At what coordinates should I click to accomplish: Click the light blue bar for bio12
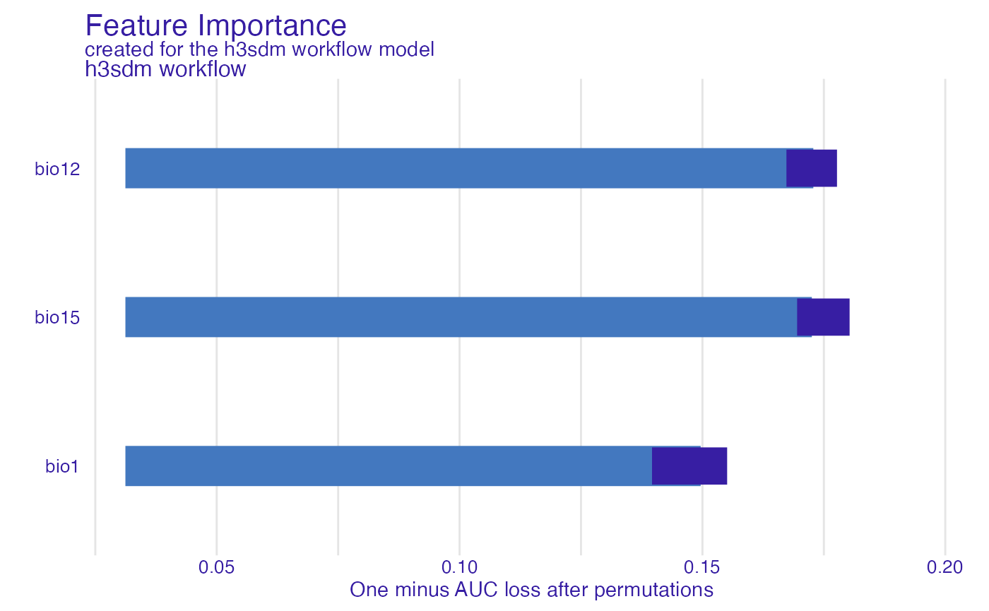[452, 168]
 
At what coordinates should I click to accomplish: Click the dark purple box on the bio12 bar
[812, 168]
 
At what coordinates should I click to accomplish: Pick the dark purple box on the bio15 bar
[823, 317]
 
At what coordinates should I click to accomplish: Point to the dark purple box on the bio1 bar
[689, 466]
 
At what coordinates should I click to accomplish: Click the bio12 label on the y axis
[57, 169]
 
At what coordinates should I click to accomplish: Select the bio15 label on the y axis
[57, 318]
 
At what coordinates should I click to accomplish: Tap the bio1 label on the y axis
[62, 467]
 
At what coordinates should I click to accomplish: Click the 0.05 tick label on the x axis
[217, 567]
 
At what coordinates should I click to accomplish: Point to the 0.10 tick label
[459, 567]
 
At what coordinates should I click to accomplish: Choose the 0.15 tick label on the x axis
[701, 567]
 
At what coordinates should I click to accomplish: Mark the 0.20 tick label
[944, 567]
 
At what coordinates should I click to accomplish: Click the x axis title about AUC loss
[531, 590]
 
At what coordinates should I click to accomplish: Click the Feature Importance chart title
[215, 26]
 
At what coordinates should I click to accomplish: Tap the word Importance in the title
[272, 26]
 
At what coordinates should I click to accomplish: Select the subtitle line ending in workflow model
[259, 50]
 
